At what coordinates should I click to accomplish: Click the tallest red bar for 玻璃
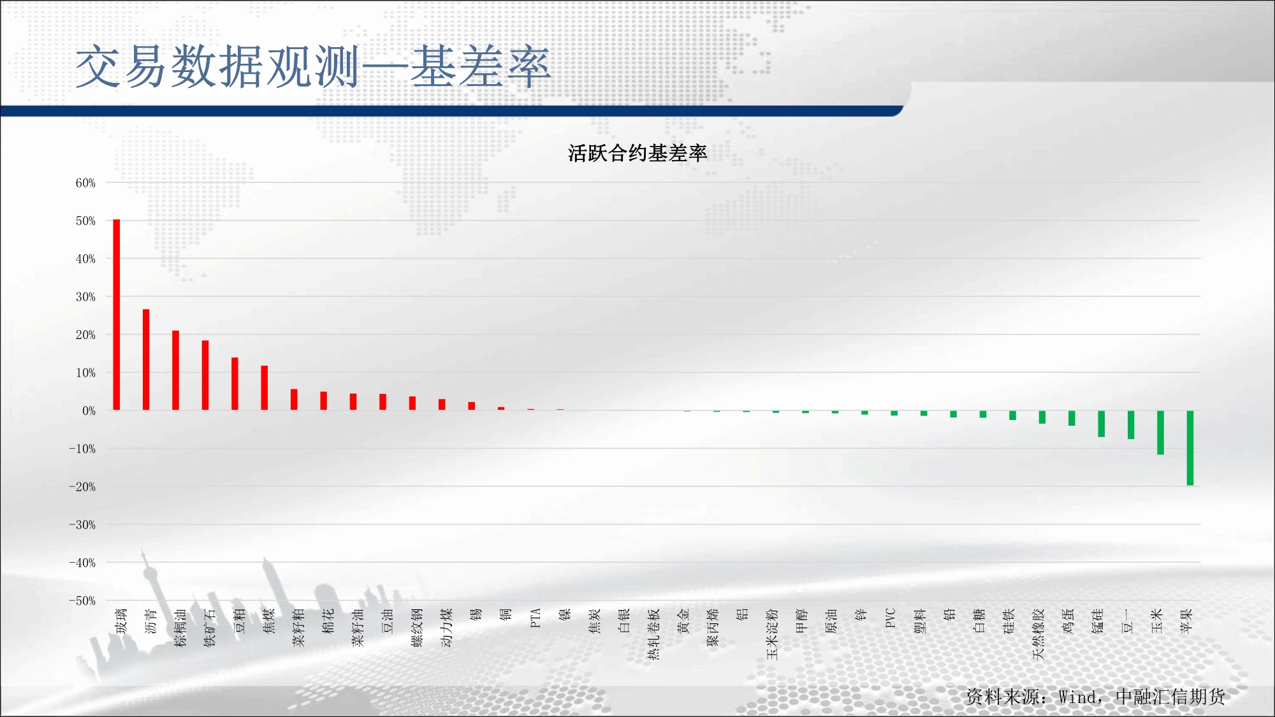(117, 315)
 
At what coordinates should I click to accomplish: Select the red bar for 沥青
(146, 359)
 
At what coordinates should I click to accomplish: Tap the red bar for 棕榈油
(175, 370)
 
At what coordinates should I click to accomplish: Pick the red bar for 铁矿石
(205, 375)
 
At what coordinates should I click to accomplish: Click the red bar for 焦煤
(265, 388)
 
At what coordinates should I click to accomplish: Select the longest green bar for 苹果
(1190, 448)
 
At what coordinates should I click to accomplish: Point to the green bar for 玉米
(1160, 432)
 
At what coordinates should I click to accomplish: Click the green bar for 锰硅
(1101, 424)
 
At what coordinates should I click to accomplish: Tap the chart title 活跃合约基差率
(637, 153)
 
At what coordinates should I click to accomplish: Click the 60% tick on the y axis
(85, 183)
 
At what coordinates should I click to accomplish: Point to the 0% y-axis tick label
(89, 411)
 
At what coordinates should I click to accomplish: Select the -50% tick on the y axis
(82, 601)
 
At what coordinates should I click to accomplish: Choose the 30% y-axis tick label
(85, 297)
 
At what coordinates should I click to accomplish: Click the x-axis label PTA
(535, 618)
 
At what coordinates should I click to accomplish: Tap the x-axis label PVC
(891, 618)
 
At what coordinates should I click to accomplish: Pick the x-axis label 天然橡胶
(1038, 634)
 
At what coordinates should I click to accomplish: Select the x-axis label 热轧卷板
(653, 634)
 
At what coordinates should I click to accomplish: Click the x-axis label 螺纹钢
(417, 628)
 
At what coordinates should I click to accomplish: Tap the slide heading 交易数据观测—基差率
(312, 66)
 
